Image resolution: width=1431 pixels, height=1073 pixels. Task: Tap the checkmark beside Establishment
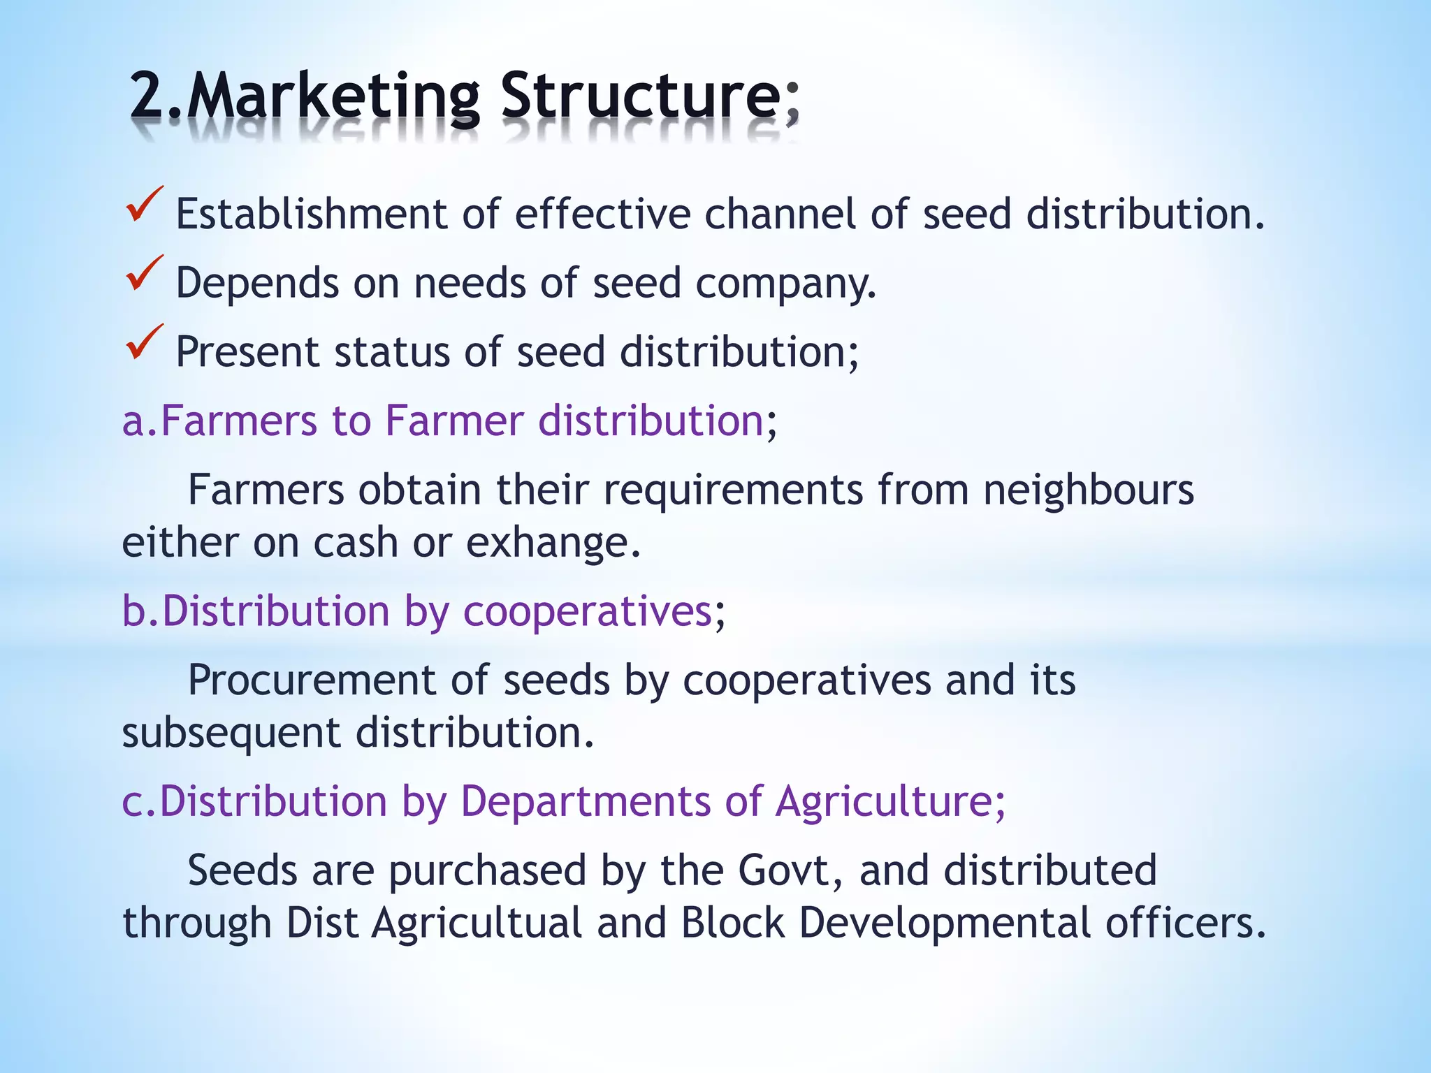pyautogui.click(x=144, y=205)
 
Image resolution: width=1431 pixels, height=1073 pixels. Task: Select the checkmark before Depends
pyautogui.click(x=144, y=275)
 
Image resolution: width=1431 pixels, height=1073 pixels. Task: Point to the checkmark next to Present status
pyautogui.click(x=144, y=344)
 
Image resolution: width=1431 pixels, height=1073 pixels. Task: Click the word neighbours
pyautogui.click(x=1089, y=490)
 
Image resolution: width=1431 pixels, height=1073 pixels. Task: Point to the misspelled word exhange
pyautogui.click(x=553, y=542)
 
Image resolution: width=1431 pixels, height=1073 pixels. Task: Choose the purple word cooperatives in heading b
pyautogui.click(x=588, y=611)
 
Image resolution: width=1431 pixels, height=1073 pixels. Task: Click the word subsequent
pyautogui.click(x=231, y=733)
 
